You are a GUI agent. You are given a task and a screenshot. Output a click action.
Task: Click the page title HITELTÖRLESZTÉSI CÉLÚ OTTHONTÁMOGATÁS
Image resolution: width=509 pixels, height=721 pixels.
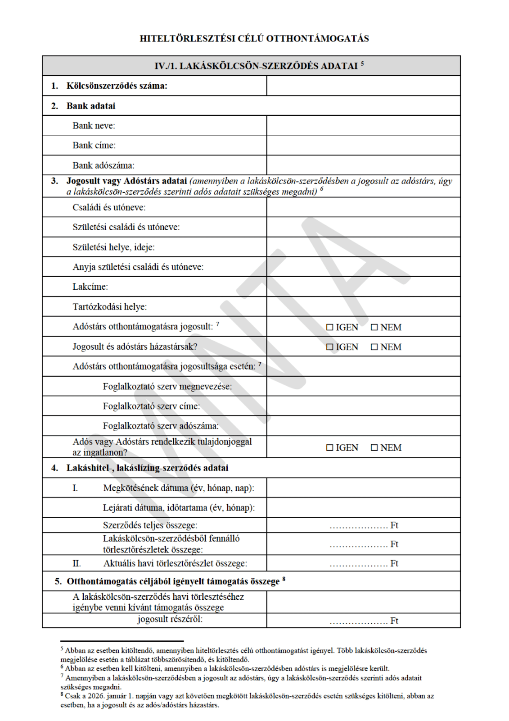click(x=254, y=39)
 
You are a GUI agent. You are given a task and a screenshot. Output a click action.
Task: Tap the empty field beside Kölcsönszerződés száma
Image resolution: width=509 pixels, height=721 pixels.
click(x=363, y=86)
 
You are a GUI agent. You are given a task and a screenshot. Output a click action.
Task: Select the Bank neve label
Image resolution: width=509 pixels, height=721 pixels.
click(x=94, y=126)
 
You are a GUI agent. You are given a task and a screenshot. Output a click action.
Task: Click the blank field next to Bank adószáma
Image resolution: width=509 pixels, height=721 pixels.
click(x=363, y=165)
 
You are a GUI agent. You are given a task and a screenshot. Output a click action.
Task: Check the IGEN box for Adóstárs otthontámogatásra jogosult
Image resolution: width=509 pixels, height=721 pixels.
click(x=330, y=327)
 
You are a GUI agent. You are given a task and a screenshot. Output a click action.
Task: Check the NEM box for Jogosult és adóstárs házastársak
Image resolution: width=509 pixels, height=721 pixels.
click(x=374, y=347)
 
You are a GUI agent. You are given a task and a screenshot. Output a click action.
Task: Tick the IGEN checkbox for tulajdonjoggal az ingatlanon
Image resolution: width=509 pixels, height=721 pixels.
click(x=330, y=447)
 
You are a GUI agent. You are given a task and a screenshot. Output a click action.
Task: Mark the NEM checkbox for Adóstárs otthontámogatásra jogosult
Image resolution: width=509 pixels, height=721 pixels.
click(x=374, y=327)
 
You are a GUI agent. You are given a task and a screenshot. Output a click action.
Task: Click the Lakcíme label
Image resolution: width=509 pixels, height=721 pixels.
click(x=90, y=287)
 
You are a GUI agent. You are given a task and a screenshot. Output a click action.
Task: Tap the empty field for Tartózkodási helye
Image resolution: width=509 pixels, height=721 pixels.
click(x=363, y=306)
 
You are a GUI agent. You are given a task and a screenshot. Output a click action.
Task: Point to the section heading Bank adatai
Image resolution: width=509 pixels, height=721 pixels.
click(x=91, y=106)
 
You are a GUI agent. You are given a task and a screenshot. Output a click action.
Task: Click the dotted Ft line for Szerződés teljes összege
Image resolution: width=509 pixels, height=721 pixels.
click(x=358, y=526)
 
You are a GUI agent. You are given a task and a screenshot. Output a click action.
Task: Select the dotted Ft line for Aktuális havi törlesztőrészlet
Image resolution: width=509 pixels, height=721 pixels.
click(x=358, y=564)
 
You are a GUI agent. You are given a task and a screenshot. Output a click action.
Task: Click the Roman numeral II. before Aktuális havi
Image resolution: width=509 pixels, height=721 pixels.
click(x=77, y=563)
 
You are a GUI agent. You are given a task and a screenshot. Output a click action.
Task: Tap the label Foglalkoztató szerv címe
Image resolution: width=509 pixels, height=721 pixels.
click(x=151, y=406)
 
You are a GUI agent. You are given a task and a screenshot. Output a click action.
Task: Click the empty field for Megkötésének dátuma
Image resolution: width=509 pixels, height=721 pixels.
click(x=363, y=488)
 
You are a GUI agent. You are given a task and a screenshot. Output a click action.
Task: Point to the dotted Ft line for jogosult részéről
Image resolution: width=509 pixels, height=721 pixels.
click(x=358, y=621)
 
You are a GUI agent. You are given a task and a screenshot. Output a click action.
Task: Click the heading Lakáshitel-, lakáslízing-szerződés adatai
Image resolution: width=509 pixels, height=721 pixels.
click(x=147, y=468)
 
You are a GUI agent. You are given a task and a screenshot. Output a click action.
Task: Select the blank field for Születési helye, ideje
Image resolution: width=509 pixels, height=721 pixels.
click(x=363, y=247)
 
